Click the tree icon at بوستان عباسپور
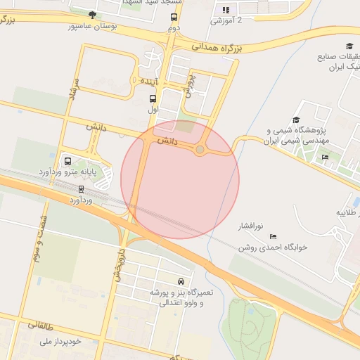[x=92, y=15]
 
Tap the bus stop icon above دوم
[x=173, y=16]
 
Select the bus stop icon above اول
[x=153, y=99]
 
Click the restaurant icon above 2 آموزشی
[x=226, y=10]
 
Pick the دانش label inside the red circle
[x=167, y=141]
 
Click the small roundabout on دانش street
[x=200, y=149]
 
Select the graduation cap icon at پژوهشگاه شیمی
[x=296, y=120]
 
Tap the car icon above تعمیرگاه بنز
[x=183, y=280]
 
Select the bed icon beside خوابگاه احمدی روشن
[x=273, y=237]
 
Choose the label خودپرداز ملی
[x=63, y=341]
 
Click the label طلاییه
[x=347, y=212]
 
